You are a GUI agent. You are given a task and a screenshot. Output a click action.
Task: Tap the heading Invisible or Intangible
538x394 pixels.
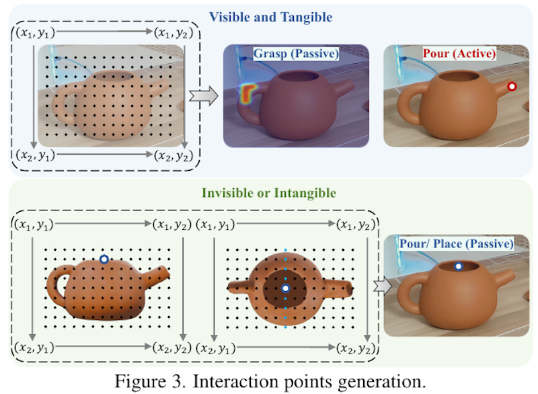pyautogui.click(x=268, y=194)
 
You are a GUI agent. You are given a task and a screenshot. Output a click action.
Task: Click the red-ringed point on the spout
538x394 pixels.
pyautogui.click(x=512, y=86)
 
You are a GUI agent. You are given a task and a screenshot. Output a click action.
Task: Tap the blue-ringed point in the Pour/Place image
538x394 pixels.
pyautogui.click(x=458, y=267)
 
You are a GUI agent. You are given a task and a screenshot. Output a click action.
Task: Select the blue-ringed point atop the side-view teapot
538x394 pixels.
pyautogui.click(x=104, y=259)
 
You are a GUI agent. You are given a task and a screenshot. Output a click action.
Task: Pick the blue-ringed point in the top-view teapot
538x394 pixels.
pyautogui.click(x=285, y=288)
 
